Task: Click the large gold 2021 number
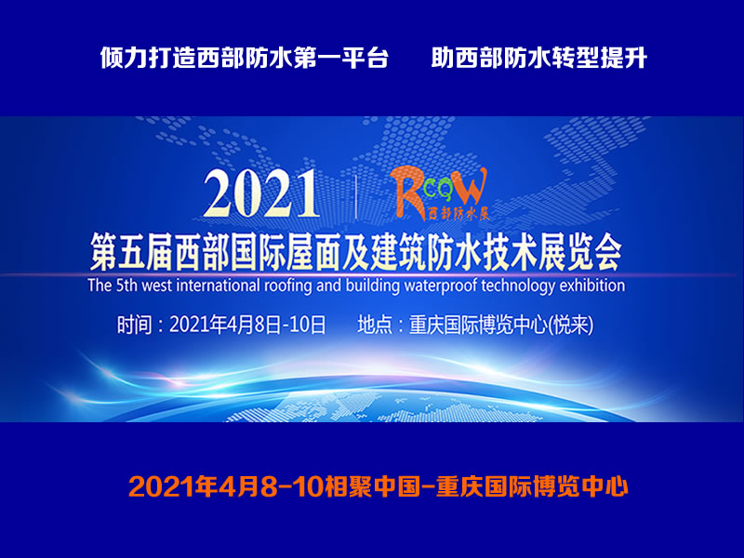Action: [261, 193]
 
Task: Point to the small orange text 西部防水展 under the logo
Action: [458, 215]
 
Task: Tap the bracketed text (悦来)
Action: [570, 325]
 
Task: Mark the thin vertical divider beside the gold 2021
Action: [356, 196]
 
